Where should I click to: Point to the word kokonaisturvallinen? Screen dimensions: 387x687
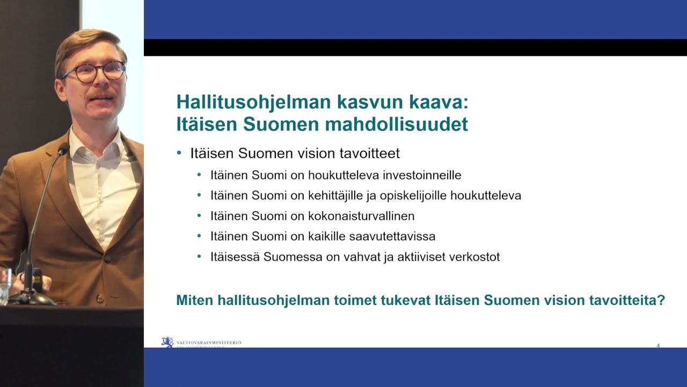[361, 216]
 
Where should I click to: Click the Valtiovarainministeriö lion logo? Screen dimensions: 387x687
[167, 342]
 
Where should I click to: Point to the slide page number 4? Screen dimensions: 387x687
[658, 346]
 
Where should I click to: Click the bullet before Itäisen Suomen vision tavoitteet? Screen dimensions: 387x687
[179, 153]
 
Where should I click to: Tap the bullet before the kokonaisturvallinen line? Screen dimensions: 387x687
[200, 216]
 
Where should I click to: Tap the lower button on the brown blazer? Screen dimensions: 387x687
[99, 297]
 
